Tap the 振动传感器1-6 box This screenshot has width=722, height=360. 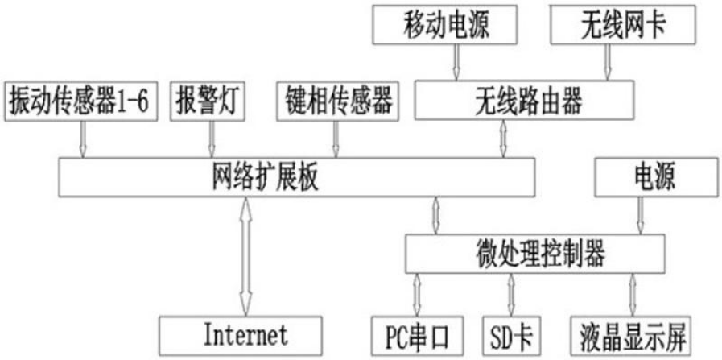tap(80, 101)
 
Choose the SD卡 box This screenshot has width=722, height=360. tap(513, 332)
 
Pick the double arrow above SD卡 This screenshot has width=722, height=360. tap(511, 294)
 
